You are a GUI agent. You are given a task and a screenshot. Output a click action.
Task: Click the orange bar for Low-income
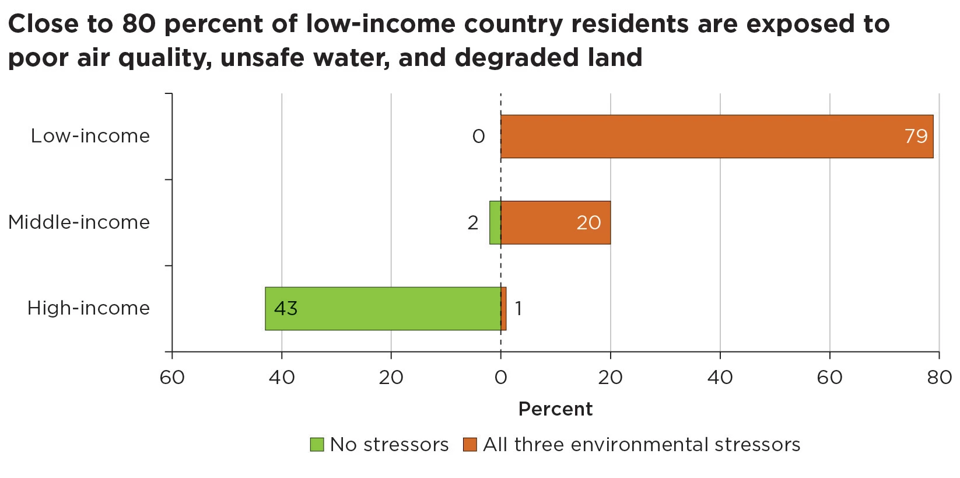coord(716,137)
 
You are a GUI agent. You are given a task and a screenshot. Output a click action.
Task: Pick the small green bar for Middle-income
coord(495,222)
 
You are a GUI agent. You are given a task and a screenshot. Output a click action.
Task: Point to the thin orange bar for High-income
coord(504,309)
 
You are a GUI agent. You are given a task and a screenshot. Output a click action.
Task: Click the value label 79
coord(916,137)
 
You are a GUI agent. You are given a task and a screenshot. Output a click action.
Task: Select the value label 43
coord(286,309)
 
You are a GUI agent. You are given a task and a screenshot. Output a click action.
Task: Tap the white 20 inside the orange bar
coord(588,223)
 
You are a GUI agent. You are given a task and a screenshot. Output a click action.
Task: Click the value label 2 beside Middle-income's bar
coord(473,223)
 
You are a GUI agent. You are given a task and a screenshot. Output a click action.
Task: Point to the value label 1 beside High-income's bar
coord(518,309)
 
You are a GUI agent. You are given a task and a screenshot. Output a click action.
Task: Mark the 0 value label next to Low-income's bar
coord(478,137)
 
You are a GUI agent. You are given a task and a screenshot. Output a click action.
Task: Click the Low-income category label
coord(90,136)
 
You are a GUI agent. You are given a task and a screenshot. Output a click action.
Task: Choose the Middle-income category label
coord(79,222)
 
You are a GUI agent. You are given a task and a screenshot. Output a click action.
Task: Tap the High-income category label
coord(89,308)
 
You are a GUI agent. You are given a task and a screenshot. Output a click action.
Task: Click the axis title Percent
coord(555,409)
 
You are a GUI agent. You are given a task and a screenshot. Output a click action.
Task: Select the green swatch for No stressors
coord(317,445)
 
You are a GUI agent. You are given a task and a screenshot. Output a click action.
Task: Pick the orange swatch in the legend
coord(470,445)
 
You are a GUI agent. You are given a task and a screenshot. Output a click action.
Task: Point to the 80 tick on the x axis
coord(939,378)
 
